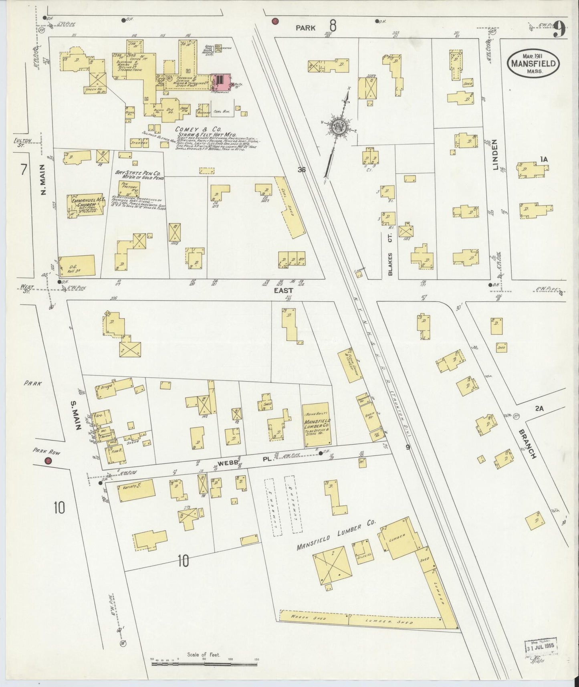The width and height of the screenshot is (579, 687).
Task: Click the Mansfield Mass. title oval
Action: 533,63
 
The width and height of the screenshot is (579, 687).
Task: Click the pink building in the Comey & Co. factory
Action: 221,80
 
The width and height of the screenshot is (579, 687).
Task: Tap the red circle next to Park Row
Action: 48,461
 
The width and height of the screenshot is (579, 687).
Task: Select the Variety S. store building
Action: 136,491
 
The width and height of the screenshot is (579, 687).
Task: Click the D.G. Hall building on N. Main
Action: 77,266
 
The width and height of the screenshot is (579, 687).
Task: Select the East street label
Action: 284,290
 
